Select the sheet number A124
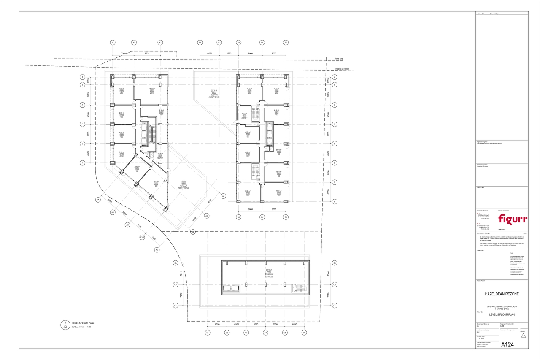point(508,345)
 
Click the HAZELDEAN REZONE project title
point(502,294)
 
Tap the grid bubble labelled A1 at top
point(113,43)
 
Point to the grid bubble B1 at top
point(200,43)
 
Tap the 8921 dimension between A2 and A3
point(147,54)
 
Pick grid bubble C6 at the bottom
point(304,333)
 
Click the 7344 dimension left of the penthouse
point(181,274)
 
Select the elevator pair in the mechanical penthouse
point(232,288)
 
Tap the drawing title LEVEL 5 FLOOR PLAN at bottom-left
point(83,323)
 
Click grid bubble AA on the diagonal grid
point(97,200)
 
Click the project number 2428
point(502,326)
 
